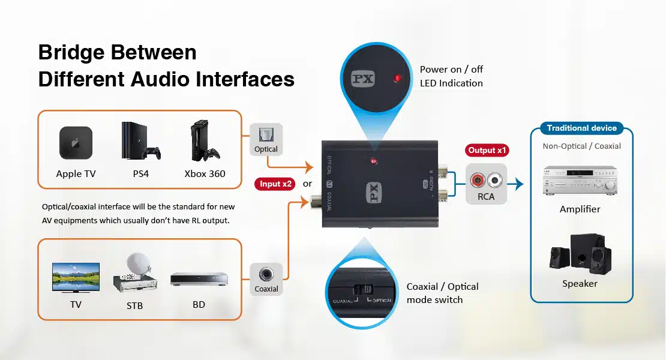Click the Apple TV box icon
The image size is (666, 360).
coord(76,143)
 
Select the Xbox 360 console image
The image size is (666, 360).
coord(205,140)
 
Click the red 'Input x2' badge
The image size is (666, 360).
coord(275,184)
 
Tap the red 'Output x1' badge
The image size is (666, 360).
coord(487,150)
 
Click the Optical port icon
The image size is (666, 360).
coord(266,135)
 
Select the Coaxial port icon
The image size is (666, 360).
coord(266,274)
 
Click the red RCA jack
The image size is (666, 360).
coord(478,181)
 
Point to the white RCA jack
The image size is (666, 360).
coord(495,181)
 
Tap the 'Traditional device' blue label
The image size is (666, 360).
coord(581,128)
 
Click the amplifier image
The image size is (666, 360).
coord(580,181)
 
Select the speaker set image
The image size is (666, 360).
coord(580,253)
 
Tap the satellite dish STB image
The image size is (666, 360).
coord(135,272)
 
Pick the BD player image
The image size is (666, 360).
coord(199,280)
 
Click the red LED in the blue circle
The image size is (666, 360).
coord(398,78)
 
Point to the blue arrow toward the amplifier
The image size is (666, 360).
coord(515,184)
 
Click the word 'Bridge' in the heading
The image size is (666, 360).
coord(71,53)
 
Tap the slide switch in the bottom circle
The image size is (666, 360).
coord(363,290)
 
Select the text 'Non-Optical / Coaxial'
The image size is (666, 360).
coord(581,146)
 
